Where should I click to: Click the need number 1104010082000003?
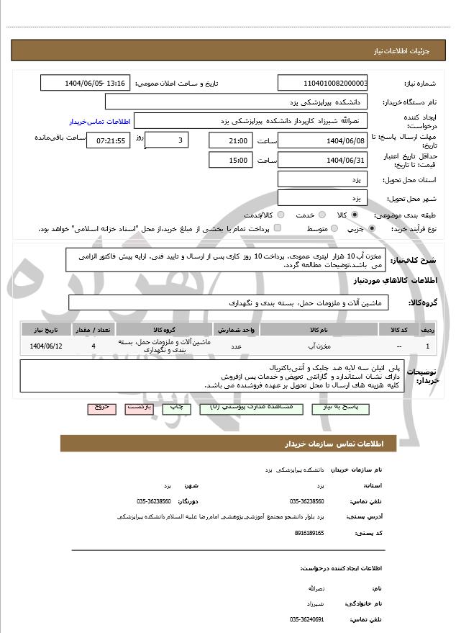point(323,83)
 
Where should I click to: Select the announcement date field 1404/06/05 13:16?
point(86,83)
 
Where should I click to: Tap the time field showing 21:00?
point(230,140)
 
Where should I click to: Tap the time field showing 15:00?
point(230,160)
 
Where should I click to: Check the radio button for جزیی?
point(371,228)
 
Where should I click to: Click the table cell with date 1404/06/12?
point(47,346)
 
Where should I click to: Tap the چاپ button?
point(175,408)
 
